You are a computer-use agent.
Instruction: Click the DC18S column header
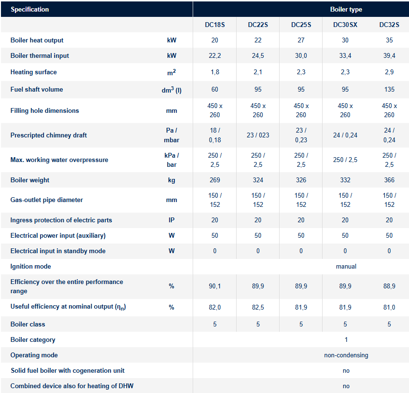tap(215, 25)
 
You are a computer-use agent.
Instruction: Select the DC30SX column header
tap(346, 25)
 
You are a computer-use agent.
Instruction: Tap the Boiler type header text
tap(346, 9)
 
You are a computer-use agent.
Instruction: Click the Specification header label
tap(30, 9)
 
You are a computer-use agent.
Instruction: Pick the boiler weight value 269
tap(215, 180)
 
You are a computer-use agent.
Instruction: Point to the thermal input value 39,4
tap(389, 55)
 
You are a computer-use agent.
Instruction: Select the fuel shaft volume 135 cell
tap(389, 89)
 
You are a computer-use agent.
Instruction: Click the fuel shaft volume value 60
tap(215, 89)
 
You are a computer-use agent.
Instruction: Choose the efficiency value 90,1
tap(215, 286)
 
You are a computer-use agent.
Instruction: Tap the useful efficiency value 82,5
tap(258, 307)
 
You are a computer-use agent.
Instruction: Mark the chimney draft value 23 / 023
tap(258, 135)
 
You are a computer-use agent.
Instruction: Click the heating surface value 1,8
tap(215, 72)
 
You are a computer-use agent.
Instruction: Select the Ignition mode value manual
tap(346, 266)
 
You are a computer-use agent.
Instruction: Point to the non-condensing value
tap(346, 355)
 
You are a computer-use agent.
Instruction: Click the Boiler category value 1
tap(346, 339)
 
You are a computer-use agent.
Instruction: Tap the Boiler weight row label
tap(30, 180)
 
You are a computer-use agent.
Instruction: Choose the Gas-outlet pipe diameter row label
tap(46, 200)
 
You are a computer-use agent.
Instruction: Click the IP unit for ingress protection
tap(171, 220)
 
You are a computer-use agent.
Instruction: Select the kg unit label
tap(171, 180)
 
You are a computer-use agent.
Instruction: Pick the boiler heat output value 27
tap(301, 40)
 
